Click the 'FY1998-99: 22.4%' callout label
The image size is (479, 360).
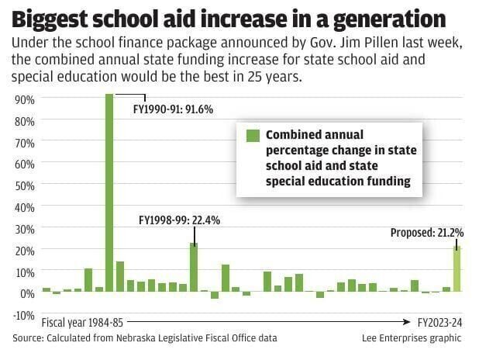click(x=179, y=220)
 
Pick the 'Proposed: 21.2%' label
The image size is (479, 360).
click(x=426, y=232)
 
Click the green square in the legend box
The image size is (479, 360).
click(x=252, y=136)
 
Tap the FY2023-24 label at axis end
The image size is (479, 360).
click(x=439, y=321)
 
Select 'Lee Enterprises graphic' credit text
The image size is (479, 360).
click(x=411, y=338)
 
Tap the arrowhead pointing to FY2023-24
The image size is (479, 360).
click(x=407, y=321)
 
